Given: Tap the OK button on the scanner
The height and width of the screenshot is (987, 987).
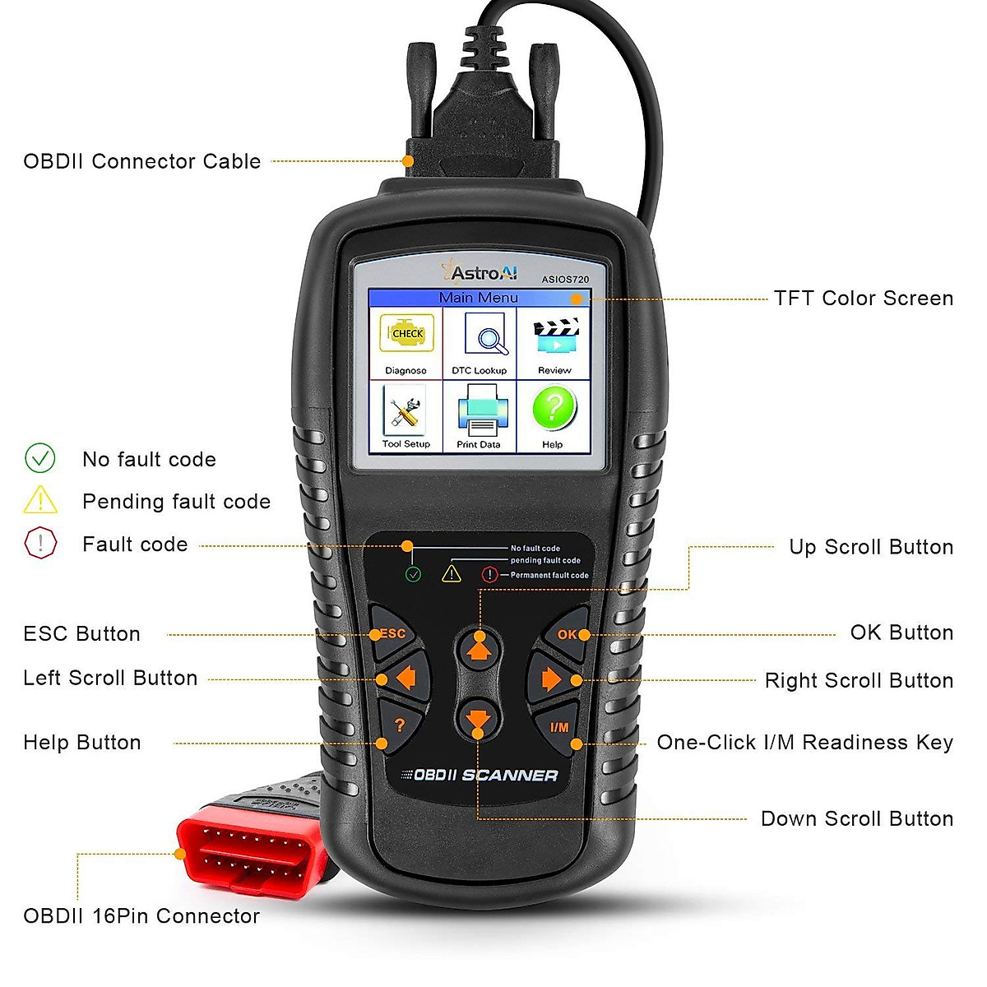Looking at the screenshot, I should coord(568,635).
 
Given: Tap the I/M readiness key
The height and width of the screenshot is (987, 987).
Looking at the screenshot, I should coord(559,728).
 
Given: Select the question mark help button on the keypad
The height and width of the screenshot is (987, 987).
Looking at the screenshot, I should coord(400,725).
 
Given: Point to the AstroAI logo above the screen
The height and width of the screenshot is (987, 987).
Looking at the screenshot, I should coord(480,272).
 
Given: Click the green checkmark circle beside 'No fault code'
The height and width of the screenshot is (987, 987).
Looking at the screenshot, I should coord(40,458).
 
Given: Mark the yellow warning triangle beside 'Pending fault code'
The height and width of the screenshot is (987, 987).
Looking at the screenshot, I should coord(40,500).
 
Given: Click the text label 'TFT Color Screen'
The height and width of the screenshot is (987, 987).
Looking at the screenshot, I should coord(863,298).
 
